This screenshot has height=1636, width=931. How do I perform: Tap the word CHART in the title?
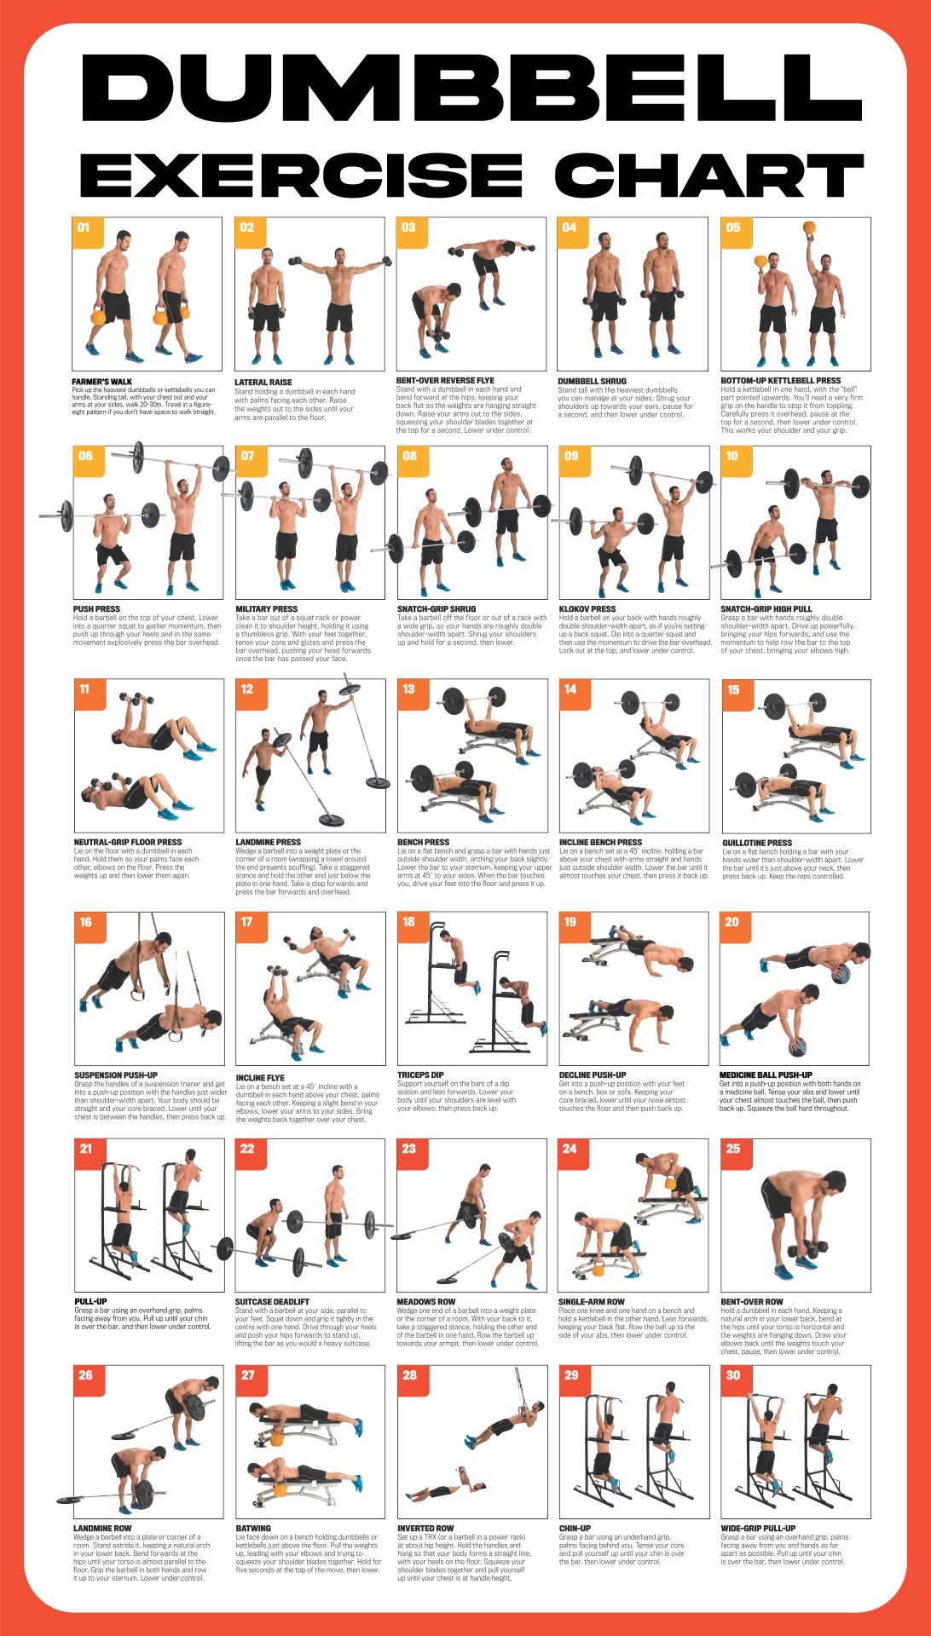pyautogui.click(x=708, y=176)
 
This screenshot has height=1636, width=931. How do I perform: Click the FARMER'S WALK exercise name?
pyautogui.click(x=102, y=382)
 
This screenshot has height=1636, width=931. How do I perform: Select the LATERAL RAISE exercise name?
pyautogui.click(x=263, y=383)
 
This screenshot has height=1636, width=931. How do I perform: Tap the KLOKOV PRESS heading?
pyautogui.click(x=587, y=609)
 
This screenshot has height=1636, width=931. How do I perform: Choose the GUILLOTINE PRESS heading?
pyautogui.click(x=757, y=843)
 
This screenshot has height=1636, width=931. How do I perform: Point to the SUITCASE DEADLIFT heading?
pyautogui.click(x=272, y=1302)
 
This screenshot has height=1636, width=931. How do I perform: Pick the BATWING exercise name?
pyautogui.click(x=253, y=1529)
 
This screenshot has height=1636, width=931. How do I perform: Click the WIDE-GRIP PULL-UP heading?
pyautogui.click(x=758, y=1529)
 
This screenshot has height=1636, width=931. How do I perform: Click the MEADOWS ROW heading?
pyautogui.click(x=426, y=1302)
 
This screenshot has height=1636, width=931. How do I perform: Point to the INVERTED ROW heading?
pyautogui.click(x=425, y=1529)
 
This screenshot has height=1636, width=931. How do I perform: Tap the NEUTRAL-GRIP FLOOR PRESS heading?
pyautogui.click(x=128, y=842)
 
